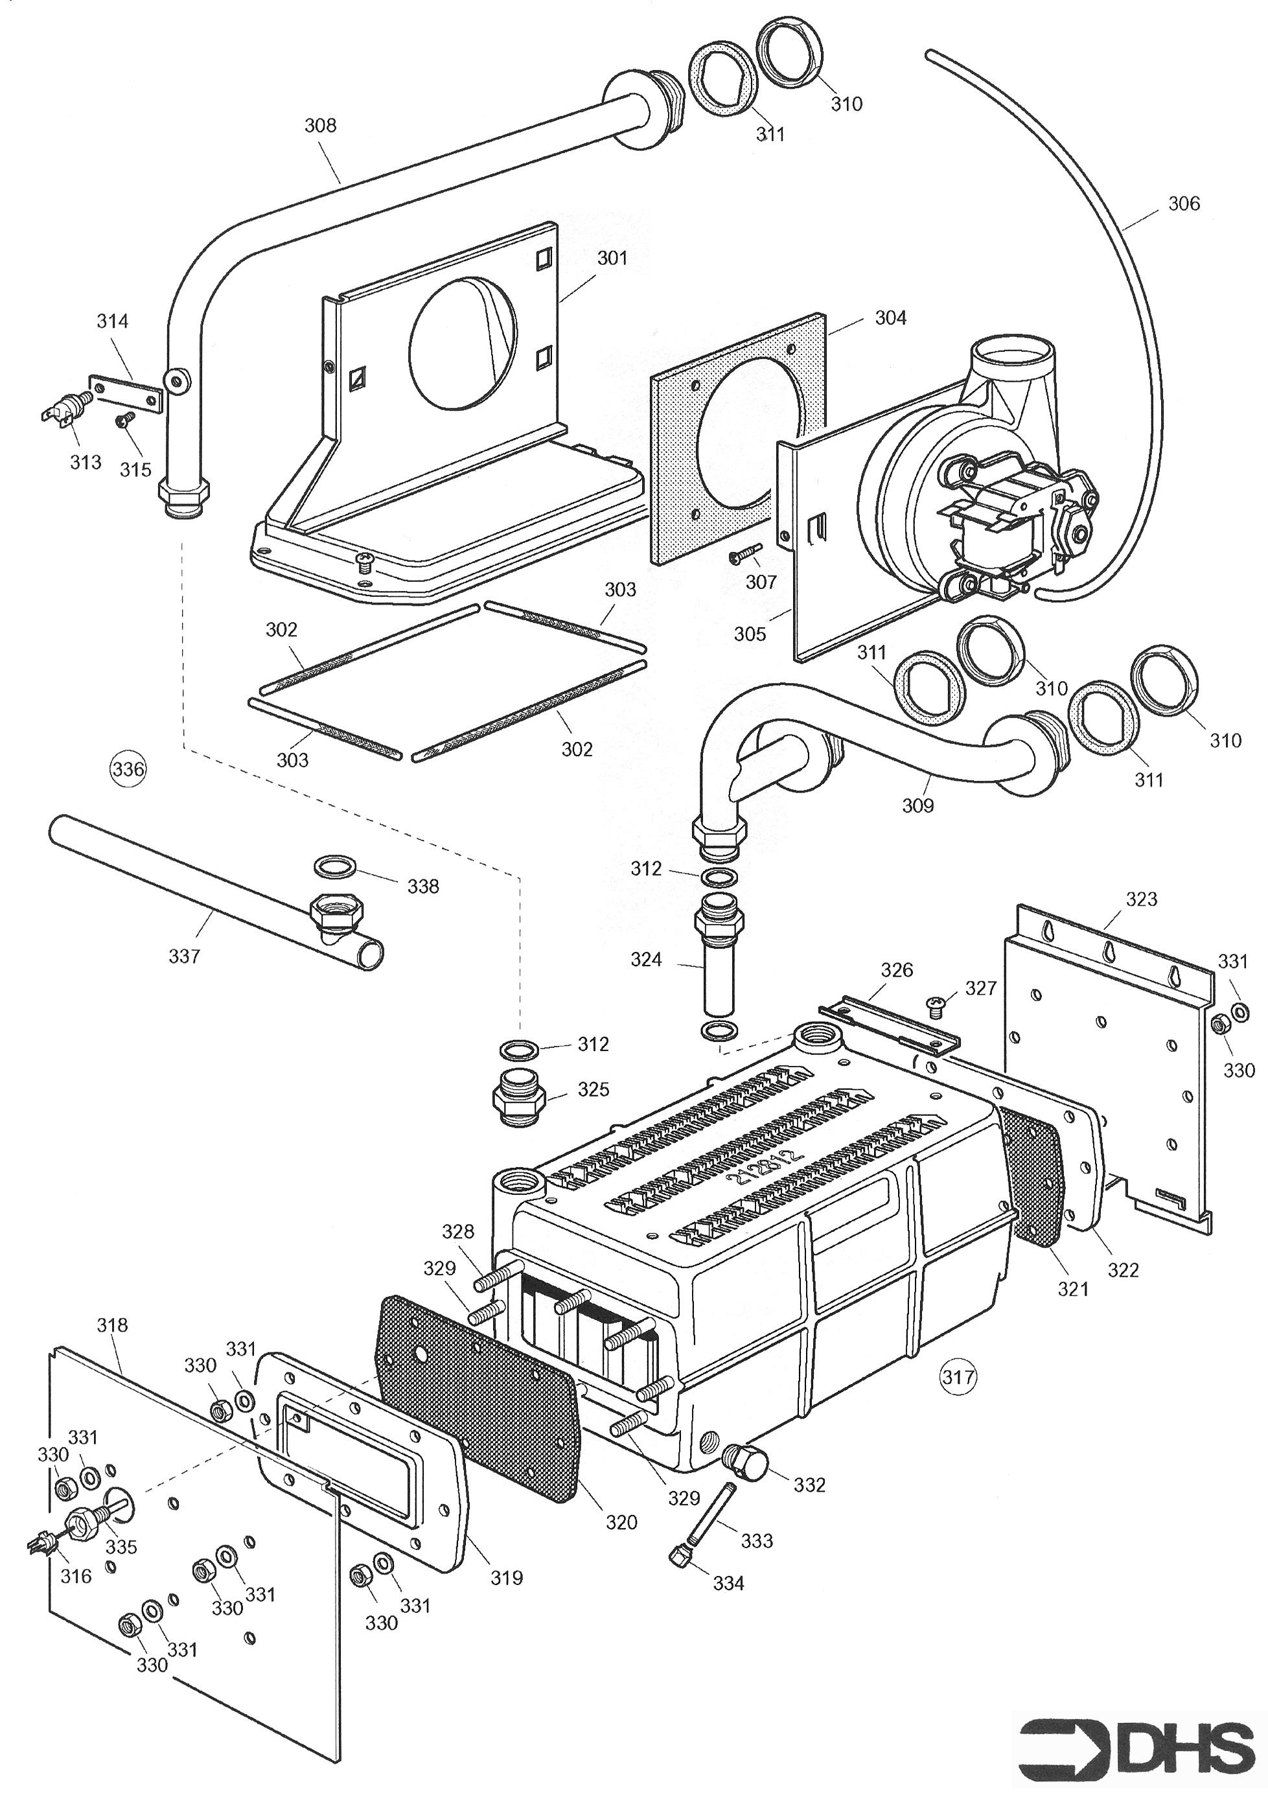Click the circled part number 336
pos(128,769)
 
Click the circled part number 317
pos(958,1376)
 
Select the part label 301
pos(612,258)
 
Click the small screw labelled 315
pos(122,421)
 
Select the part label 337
pos(185,955)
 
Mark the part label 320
pos(621,1522)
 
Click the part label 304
pos(890,318)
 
